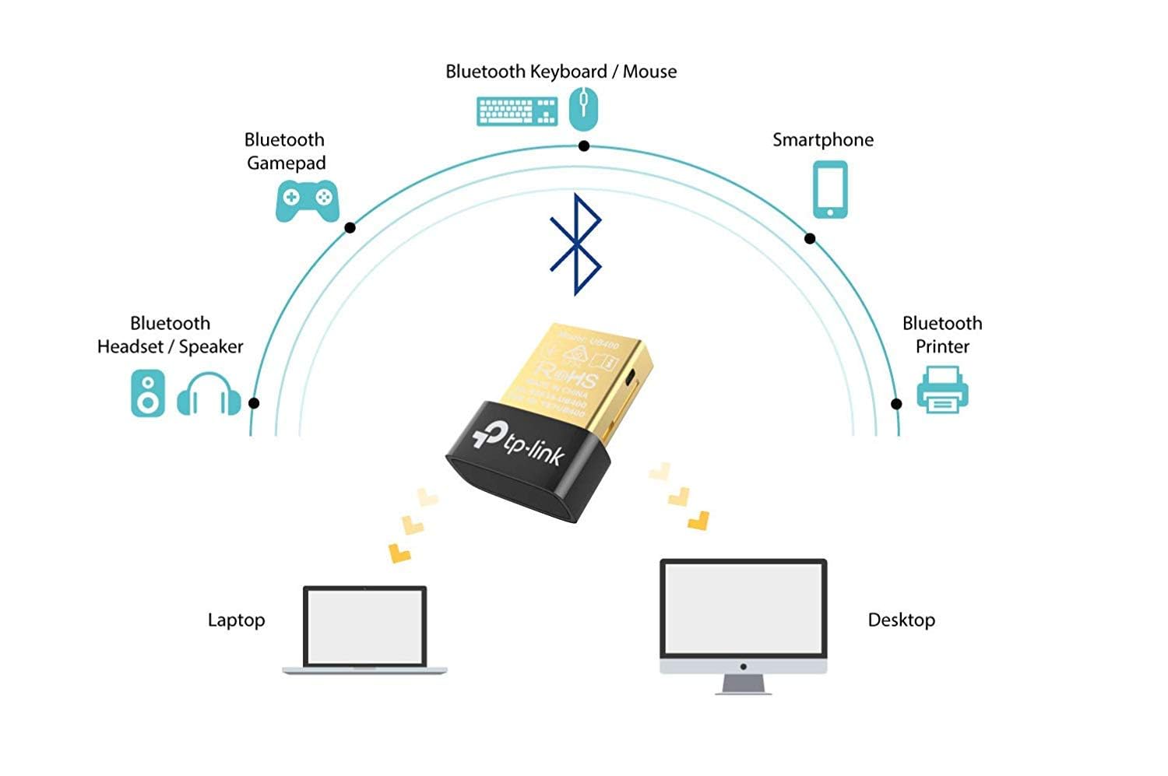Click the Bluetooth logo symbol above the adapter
coord(575,244)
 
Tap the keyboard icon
coord(517,111)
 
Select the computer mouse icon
coord(583,108)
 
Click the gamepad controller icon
coord(307,200)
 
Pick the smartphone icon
coord(830,190)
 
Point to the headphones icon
coord(208,395)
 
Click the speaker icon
coord(147,393)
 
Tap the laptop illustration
coord(364,630)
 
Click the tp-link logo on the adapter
coord(519,443)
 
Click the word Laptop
coord(236,620)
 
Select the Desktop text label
coord(901,620)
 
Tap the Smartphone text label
coord(822,140)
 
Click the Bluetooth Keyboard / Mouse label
coord(561,72)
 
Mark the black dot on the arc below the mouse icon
coord(584,146)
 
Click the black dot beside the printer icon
coord(896,404)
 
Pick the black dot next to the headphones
coord(254,403)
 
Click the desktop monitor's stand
coord(743,684)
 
